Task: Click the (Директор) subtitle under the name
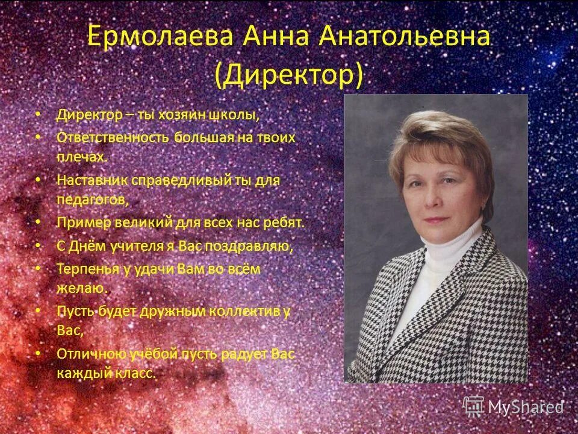(289, 76)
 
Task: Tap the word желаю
(81, 288)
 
